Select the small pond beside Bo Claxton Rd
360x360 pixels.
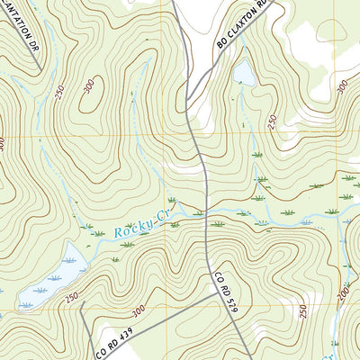point(244,74)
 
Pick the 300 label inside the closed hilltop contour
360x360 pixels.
point(88,86)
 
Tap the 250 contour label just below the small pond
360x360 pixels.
point(272,121)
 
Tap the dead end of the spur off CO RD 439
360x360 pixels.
point(82,302)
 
